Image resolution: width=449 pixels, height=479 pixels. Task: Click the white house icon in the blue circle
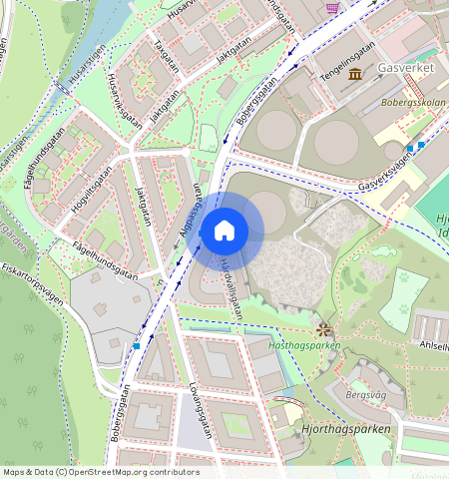pos(224,232)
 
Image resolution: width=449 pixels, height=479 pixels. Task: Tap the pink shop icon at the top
pos(332,6)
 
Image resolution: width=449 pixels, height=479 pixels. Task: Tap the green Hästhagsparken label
pos(305,345)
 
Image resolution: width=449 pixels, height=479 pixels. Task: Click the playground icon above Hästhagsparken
pos(323,327)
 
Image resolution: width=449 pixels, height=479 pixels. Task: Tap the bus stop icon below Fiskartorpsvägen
pos(136,345)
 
